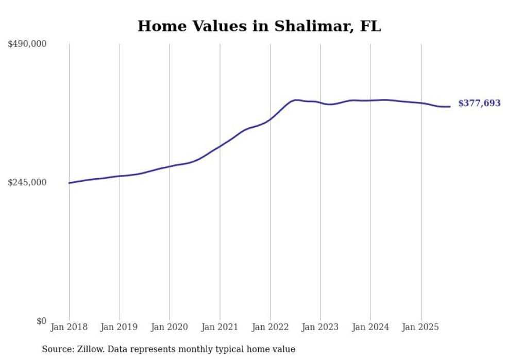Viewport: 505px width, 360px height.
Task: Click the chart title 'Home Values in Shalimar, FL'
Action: [259, 26]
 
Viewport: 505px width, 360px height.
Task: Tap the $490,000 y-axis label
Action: [27, 44]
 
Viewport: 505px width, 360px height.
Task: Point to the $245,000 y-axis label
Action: [27, 182]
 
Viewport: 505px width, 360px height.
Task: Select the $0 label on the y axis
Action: [41, 321]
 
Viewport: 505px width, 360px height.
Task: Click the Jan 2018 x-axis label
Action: [69, 327]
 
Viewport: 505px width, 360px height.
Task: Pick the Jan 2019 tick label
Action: [120, 327]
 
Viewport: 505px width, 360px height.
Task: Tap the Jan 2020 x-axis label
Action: [170, 327]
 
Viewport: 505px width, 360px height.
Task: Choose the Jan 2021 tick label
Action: [220, 327]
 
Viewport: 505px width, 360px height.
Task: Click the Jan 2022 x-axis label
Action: [270, 327]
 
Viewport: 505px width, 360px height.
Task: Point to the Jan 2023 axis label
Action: [320, 327]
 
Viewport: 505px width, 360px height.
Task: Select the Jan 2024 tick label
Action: [371, 327]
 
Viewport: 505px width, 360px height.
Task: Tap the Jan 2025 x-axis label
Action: [421, 327]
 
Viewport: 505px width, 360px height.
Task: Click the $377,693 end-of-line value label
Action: [479, 104]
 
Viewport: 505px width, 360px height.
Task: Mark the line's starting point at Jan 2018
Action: [69, 183]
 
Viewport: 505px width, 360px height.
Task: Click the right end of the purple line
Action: [450, 107]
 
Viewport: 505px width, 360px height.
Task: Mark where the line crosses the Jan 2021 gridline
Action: [220, 146]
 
